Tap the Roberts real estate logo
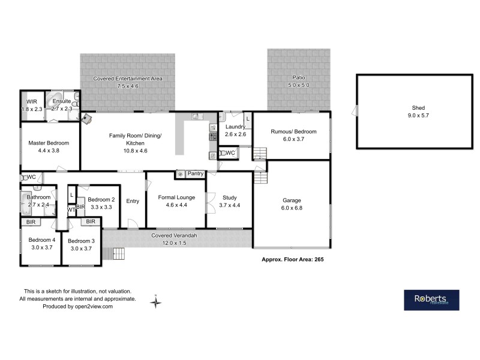(x=431, y=300)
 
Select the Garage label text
(x=292, y=200)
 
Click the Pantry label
(x=196, y=174)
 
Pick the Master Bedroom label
(x=49, y=143)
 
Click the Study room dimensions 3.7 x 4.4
(x=230, y=205)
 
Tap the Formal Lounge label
(x=176, y=197)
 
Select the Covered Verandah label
(x=174, y=236)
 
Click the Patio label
(x=298, y=78)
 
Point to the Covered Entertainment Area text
(x=127, y=79)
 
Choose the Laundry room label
(x=235, y=127)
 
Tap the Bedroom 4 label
(x=41, y=240)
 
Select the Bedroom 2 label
(x=101, y=200)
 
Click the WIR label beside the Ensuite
(x=31, y=102)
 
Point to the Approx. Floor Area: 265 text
(x=293, y=259)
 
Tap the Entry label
(x=133, y=201)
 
